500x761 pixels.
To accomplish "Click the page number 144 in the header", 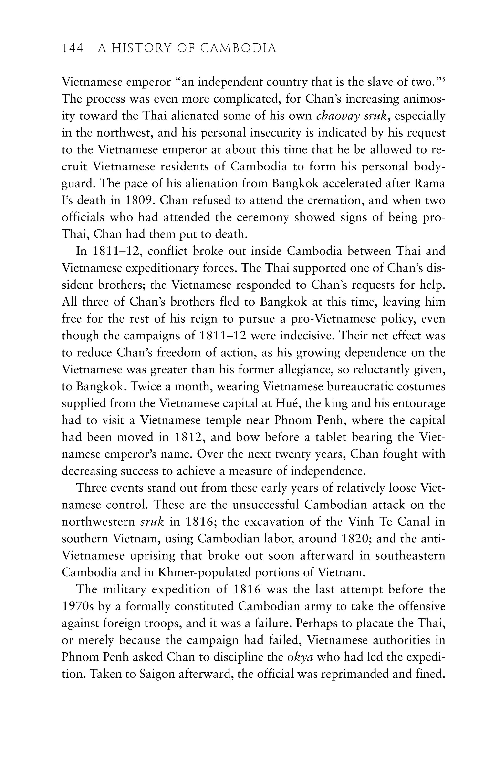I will pyautogui.click(x=73, y=48).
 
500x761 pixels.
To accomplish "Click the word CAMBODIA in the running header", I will pyautogui.click(x=238, y=48).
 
